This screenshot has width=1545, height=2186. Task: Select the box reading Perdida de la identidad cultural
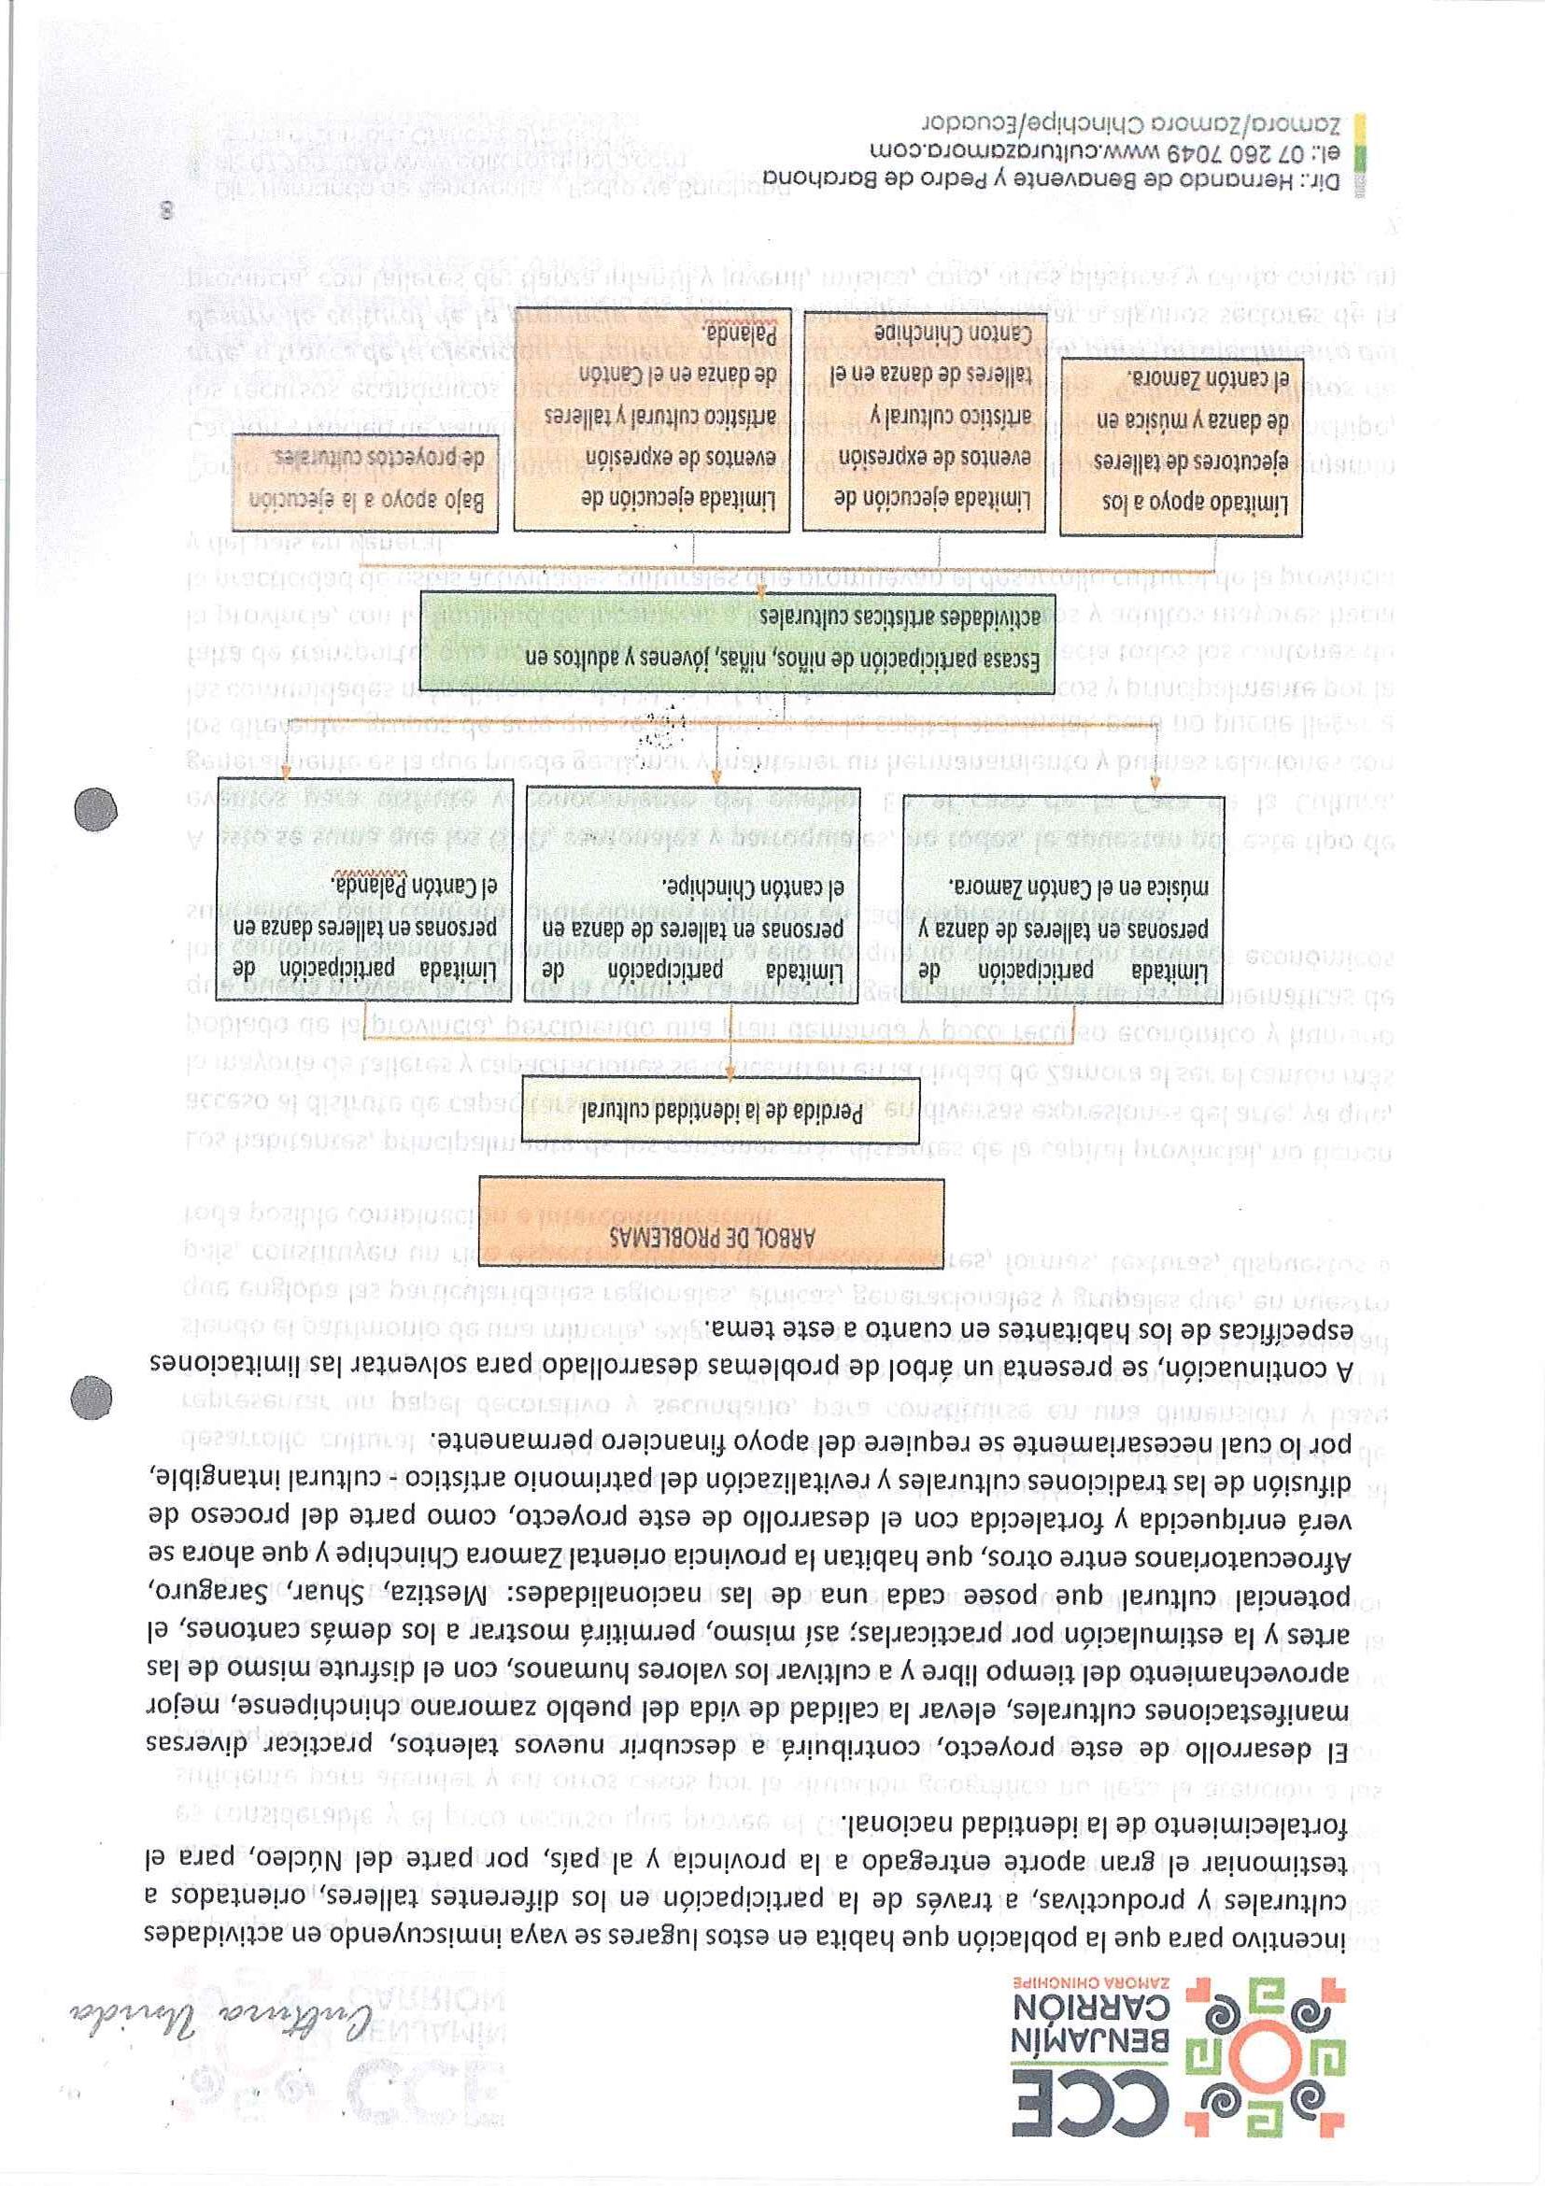click(x=710, y=1111)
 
